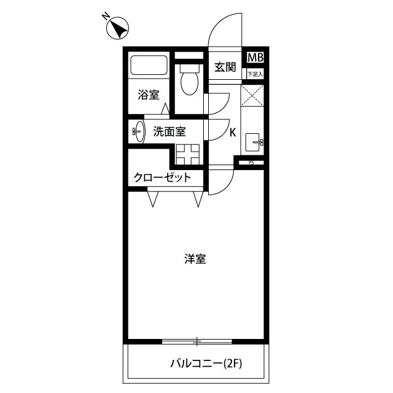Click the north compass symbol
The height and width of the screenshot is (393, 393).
click(117, 28)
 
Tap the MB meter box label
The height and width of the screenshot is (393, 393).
click(255, 58)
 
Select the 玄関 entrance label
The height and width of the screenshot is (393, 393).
click(225, 67)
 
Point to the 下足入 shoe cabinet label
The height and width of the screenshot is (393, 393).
click(255, 74)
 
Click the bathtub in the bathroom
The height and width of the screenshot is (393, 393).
click(149, 65)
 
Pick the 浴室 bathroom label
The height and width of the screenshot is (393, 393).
click(149, 95)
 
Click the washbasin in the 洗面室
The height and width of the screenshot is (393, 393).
click(139, 131)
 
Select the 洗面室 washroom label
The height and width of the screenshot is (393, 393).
click(169, 131)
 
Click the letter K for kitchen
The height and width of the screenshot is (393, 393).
click(233, 133)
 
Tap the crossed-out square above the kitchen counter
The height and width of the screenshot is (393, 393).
click(252, 96)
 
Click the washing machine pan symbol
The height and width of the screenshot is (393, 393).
click(187, 154)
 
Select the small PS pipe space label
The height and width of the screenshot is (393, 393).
click(251, 163)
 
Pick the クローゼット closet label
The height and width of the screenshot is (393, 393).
click(162, 177)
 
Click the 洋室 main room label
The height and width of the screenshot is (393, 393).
click(195, 259)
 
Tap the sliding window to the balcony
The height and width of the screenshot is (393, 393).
click(197, 341)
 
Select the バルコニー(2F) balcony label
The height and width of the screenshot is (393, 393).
click(206, 364)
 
